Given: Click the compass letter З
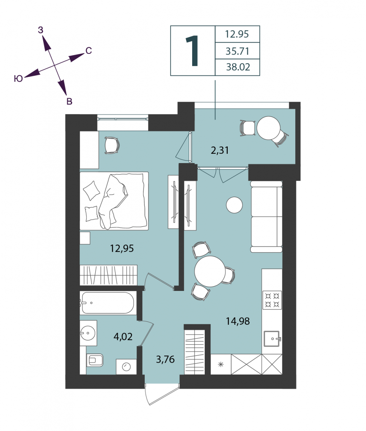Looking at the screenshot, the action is coord(41,30).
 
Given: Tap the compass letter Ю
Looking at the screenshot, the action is coord(18,79).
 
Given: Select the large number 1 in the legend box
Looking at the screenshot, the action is coord(192,51).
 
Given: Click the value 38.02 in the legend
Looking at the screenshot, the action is coord(238,67).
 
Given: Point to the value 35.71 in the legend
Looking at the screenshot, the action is coord(237,51).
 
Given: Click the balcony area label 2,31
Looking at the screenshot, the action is coord(220,150).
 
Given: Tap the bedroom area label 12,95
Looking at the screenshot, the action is coord(122,248).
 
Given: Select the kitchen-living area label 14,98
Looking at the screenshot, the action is coord(238,321).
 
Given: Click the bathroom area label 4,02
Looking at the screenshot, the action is coord(123,337).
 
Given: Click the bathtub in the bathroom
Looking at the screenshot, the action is coord(108,303).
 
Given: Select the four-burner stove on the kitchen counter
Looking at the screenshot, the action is coord(272,300).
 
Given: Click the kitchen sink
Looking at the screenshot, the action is coord(272,339).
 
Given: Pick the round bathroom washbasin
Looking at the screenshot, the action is coord(88,333).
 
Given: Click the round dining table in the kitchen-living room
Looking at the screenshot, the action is coord(210,271).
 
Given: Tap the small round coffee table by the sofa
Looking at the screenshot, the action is coord(235,205).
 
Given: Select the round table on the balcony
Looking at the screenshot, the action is coord(268,128).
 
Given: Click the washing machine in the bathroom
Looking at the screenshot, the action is coord(126,367).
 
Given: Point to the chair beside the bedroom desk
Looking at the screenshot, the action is coord(112,145).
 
